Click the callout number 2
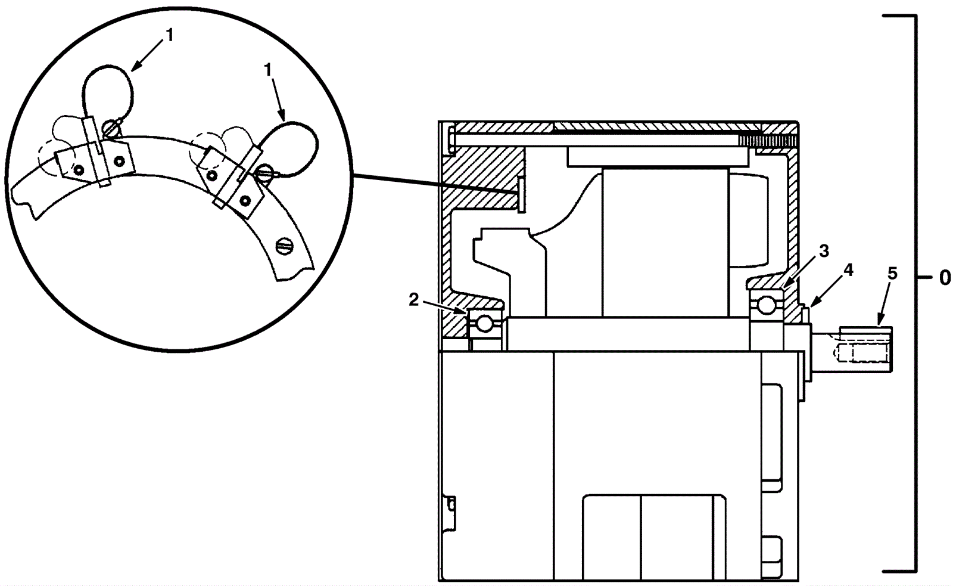[x=414, y=300]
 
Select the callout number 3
[x=824, y=251]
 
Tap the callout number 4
[x=848, y=270]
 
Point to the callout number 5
[x=892, y=274]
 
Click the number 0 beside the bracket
[x=945, y=278]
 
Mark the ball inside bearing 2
[x=485, y=324]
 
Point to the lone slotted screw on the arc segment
[x=285, y=246]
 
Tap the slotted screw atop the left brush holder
[x=111, y=127]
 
